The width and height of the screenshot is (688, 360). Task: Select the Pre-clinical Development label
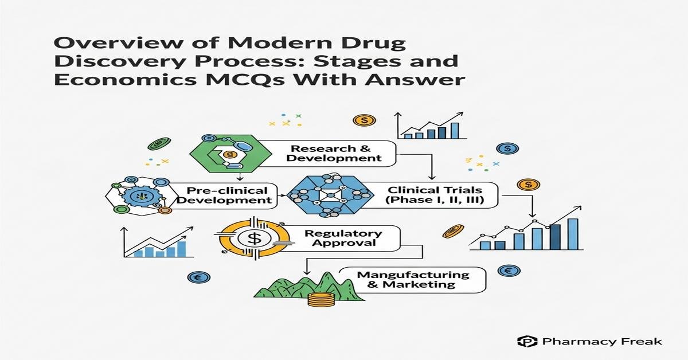tap(228, 195)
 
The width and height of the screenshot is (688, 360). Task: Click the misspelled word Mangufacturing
tap(413, 275)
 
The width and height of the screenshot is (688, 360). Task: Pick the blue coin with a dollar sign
tap(507, 148)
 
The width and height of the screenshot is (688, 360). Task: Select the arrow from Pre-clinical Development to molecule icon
tap(282, 196)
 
